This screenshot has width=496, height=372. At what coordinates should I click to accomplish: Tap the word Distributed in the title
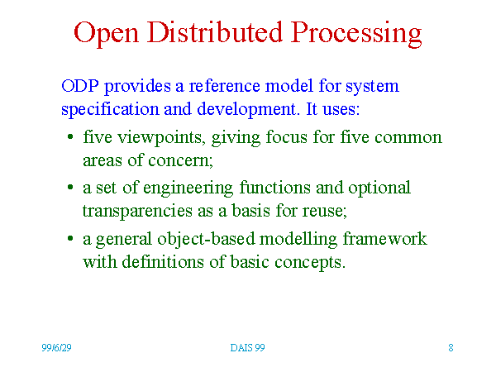214,31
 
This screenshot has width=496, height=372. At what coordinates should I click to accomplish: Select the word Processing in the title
356,34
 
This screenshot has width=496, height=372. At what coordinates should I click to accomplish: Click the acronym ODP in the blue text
80,86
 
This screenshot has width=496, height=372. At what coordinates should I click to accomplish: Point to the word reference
224,86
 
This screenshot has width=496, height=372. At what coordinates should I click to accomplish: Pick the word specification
110,109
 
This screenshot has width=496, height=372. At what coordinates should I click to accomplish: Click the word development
246,109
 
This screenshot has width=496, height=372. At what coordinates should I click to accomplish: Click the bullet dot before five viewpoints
70,137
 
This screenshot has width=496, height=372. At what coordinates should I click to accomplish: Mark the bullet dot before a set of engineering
70,188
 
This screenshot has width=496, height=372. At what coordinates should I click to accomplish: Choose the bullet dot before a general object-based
70,238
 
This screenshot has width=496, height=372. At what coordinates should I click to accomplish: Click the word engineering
188,188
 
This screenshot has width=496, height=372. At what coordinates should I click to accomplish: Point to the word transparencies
137,212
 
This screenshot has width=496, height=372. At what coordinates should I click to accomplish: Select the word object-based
206,239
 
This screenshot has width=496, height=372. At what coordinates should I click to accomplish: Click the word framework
385,239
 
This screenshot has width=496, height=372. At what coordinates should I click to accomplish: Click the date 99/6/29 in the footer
56,348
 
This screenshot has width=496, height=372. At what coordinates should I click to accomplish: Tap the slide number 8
451,348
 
